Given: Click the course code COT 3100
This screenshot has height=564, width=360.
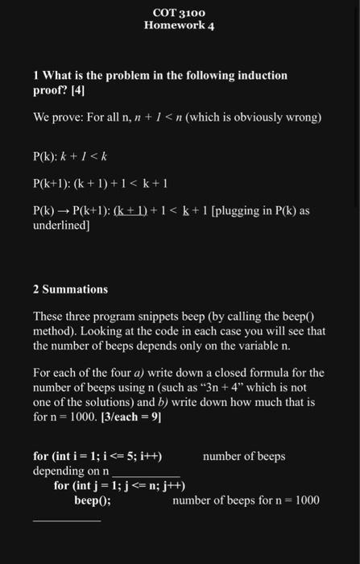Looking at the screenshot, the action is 179,13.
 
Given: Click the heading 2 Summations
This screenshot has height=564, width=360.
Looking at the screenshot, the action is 71,288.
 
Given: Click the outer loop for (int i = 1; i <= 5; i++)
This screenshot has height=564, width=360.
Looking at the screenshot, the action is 97,457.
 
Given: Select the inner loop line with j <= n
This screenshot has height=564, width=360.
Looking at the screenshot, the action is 119,486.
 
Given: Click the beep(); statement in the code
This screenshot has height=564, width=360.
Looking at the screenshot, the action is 92,500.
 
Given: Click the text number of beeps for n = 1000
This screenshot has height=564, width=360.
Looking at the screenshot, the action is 246,500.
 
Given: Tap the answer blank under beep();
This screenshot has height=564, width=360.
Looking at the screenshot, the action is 66,520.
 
